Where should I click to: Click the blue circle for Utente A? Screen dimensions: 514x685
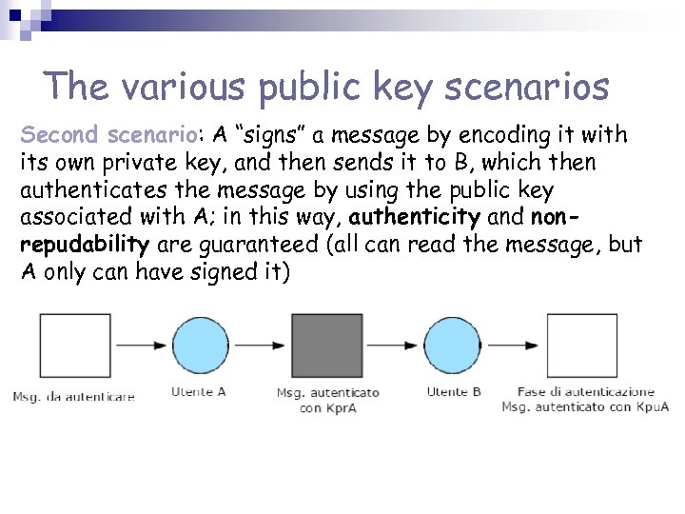[x=200, y=345]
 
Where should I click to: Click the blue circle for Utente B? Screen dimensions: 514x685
[x=453, y=345]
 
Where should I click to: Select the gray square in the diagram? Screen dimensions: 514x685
[x=326, y=345]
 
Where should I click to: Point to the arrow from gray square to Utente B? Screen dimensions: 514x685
[x=392, y=345]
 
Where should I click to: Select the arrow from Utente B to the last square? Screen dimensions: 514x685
[x=515, y=345]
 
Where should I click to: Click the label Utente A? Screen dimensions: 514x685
[x=198, y=391]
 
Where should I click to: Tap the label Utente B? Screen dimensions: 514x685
[x=454, y=391]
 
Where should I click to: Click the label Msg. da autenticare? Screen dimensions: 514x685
[x=73, y=396]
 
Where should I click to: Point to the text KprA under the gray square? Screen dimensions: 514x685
[x=340, y=407]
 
